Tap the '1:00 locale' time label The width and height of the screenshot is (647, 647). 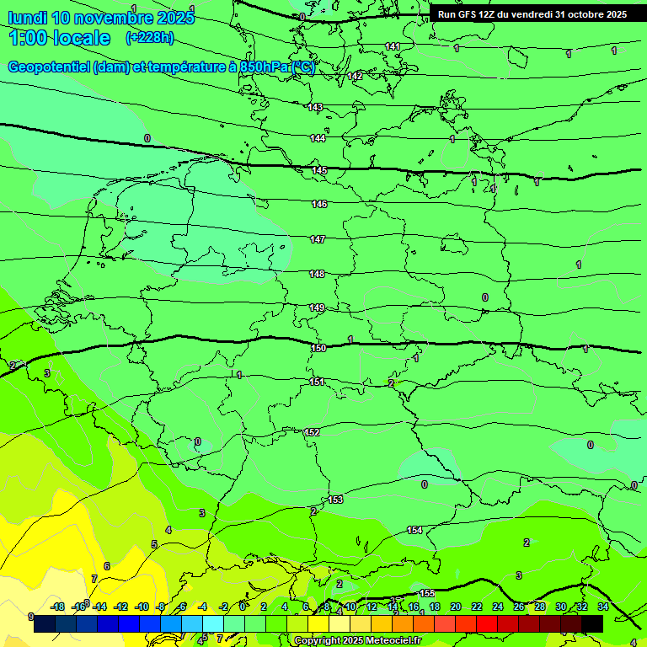[60, 38]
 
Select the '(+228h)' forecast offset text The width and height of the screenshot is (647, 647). [149, 37]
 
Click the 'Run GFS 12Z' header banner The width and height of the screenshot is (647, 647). [532, 14]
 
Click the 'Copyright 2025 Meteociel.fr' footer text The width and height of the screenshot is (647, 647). [357, 641]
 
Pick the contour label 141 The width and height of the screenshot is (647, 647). [393, 46]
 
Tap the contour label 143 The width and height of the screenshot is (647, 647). [316, 107]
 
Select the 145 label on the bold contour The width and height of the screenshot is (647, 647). [320, 171]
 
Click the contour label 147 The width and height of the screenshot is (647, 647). [318, 240]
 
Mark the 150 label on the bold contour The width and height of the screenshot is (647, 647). [318, 348]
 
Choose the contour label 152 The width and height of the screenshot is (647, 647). [313, 432]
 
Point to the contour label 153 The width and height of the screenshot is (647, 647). [336, 500]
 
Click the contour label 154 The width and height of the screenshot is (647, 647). [414, 530]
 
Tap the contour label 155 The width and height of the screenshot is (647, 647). [427, 594]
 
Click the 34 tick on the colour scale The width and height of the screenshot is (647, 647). [602, 607]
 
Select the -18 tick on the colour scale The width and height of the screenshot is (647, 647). [57, 607]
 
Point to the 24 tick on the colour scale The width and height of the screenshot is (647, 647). [497, 607]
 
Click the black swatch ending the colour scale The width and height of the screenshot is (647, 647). [592, 623]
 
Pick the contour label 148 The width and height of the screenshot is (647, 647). [317, 274]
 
